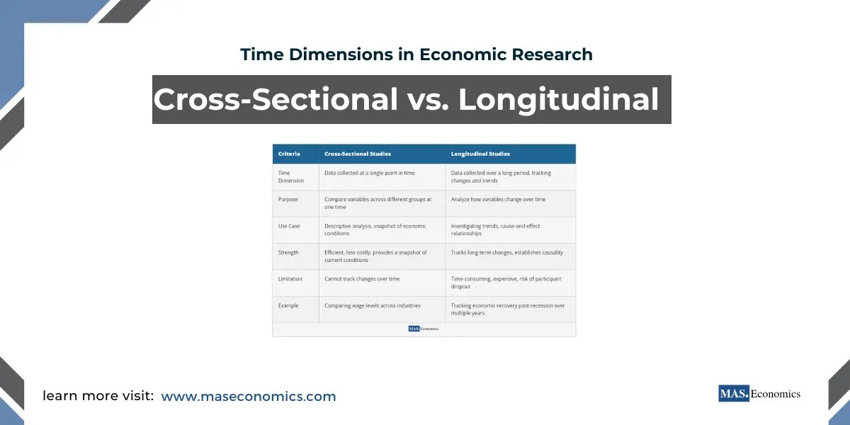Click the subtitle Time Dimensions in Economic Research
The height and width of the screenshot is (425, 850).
(x=416, y=54)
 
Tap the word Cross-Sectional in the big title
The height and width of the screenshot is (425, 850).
(x=276, y=99)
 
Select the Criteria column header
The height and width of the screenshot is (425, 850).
(x=288, y=154)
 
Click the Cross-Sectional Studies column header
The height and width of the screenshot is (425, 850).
(x=358, y=154)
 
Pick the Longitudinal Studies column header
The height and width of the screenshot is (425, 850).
(x=480, y=154)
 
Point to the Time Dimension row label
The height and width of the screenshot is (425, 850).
(x=291, y=176)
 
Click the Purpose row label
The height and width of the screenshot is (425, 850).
(x=288, y=200)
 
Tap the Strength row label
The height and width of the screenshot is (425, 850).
(x=289, y=252)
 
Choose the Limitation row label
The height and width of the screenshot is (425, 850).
(x=290, y=279)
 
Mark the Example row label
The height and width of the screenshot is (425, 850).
(x=289, y=305)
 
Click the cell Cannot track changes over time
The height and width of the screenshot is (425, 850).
(x=362, y=279)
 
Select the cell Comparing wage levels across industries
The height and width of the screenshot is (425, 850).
(x=373, y=305)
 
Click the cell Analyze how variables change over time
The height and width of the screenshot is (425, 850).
(x=499, y=200)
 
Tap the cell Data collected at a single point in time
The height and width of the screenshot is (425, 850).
(x=370, y=173)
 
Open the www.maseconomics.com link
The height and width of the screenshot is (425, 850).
(x=249, y=397)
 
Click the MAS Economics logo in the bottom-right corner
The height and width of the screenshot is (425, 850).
(x=759, y=394)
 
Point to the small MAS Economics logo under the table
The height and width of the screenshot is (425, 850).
(x=424, y=329)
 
